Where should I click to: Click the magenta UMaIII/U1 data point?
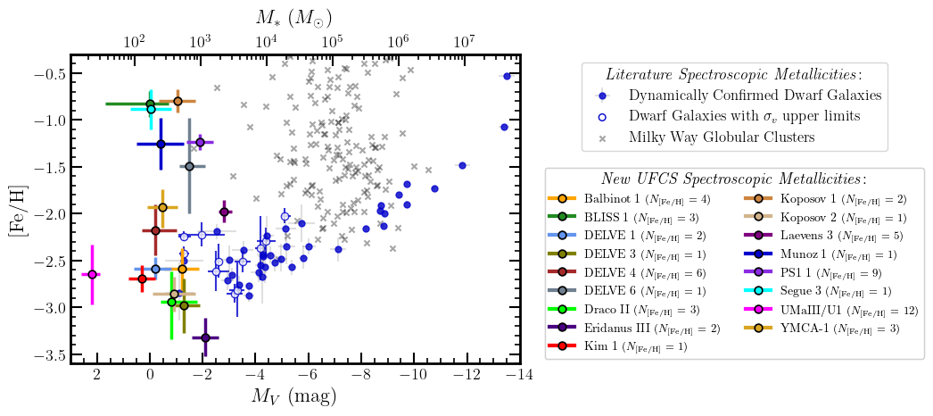[x=92, y=274]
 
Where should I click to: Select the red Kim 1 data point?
[x=142, y=279]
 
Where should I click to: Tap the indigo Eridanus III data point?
[x=206, y=337]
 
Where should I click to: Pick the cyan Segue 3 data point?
[x=151, y=109]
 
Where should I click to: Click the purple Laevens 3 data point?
[x=224, y=212]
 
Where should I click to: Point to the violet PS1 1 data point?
[x=201, y=142]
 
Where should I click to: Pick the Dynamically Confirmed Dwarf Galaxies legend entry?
[x=754, y=96]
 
